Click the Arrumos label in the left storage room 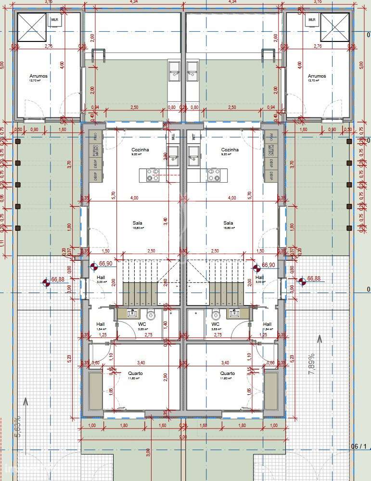tap(38, 76)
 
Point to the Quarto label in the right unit tap(228, 374)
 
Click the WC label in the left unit tap(142, 324)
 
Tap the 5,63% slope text tap(18, 427)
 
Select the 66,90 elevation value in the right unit tap(268, 265)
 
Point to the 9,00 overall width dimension tap(183, 437)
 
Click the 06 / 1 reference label tap(358, 447)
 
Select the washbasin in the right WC tap(235, 314)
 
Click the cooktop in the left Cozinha tap(154, 174)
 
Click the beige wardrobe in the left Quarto tap(96, 390)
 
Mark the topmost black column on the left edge tap(17, 142)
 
